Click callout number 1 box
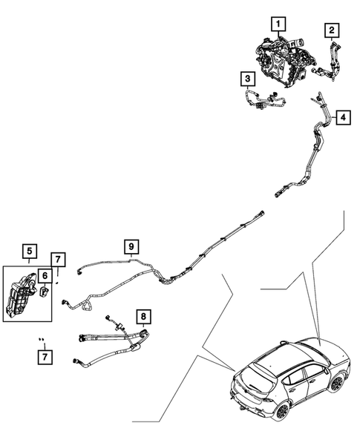tap(278, 24)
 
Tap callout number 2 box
tap(332, 30)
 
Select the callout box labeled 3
tap(248, 79)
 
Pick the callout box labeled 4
tap(343, 117)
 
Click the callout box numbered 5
tap(30, 252)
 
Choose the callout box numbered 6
tap(45, 276)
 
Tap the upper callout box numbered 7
tap(58, 260)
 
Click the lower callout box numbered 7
tap(45, 357)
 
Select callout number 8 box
tap(143, 317)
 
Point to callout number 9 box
tap(131, 247)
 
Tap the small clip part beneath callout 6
tap(45, 291)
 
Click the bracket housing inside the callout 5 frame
tap(21, 296)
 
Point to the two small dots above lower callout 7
tap(42, 339)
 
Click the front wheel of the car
tap(336, 383)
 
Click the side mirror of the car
tap(326, 370)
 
